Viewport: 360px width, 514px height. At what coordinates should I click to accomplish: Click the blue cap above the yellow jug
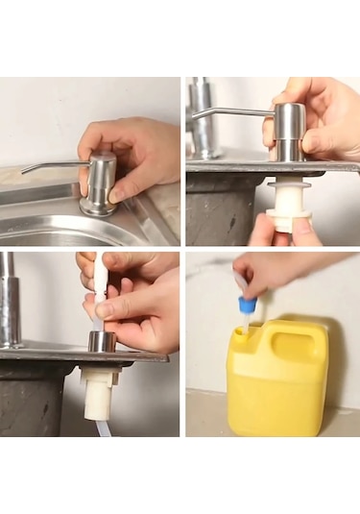[248, 305]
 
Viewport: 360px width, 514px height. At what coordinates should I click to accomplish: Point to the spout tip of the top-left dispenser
[24, 172]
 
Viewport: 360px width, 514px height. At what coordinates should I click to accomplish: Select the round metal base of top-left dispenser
[98, 206]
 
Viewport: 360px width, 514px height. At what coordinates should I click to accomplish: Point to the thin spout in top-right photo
[230, 112]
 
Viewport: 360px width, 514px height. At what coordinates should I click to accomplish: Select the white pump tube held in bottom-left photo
[100, 279]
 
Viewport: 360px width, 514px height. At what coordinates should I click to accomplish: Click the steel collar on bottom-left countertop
[102, 341]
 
